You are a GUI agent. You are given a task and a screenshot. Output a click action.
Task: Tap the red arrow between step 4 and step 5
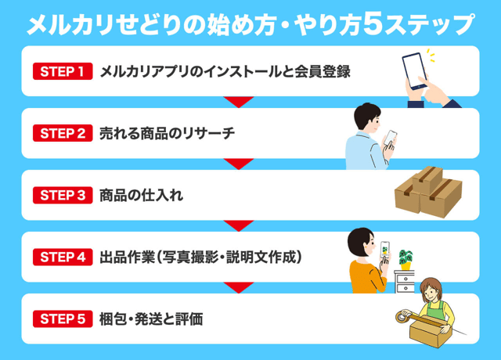click(x=239, y=286)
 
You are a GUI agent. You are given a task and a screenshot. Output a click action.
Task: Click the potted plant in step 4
click(x=405, y=259)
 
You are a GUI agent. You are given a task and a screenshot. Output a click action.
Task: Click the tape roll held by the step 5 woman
click(x=401, y=318)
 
